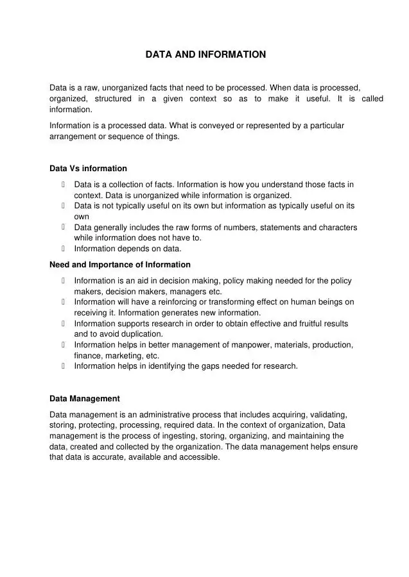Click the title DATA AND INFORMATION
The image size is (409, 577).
[x=205, y=55]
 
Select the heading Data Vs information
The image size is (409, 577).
[x=88, y=169]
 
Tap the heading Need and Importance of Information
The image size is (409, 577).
[x=120, y=265]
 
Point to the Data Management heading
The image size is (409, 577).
[x=85, y=399]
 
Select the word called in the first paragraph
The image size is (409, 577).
[x=372, y=99]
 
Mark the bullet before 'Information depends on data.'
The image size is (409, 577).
[x=64, y=249]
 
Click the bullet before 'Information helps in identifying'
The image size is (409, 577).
[x=64, y=366]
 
